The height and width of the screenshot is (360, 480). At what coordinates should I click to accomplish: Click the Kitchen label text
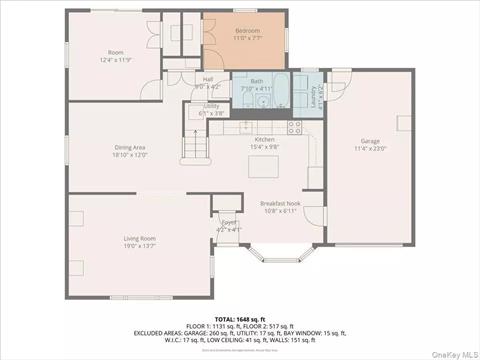point(264,139)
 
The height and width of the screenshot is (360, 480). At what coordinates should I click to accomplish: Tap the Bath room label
point(258,82)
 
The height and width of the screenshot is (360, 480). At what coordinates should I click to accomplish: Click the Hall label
point(208,79)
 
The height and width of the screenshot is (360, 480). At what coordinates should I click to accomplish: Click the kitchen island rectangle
point(264,164)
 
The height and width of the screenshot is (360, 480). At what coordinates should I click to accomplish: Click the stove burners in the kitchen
point(294,126)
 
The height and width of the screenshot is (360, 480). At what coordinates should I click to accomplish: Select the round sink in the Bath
point(263,99)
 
